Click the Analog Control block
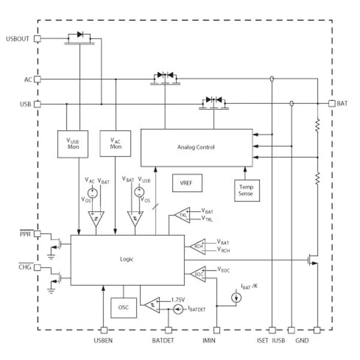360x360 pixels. (x=196, y=147)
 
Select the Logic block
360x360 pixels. (x=127, y=259)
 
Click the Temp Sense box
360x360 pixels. (x=246, y=190)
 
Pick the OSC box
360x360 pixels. (x=123, y=307)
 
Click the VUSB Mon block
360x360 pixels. (x=73, y=143)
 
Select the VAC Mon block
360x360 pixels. (x=115, y=143)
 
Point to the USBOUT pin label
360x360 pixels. (x=17, y=38)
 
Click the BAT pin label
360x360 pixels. (x=343, y=103)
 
